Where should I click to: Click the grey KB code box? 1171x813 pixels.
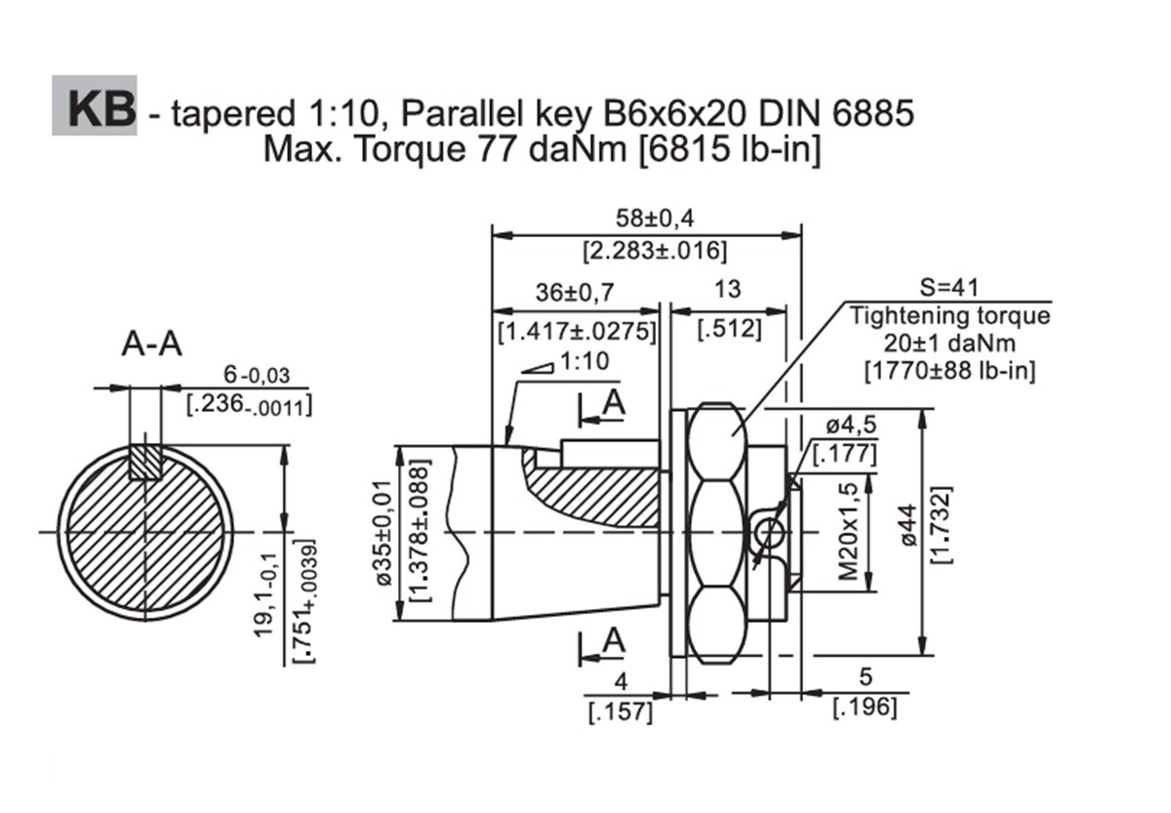click(x=95, y=105)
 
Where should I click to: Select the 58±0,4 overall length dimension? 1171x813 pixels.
click(x=655, y=219)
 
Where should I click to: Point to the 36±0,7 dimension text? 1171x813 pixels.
click(x=575, y=292)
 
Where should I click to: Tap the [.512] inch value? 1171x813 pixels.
click(x=729, y=329)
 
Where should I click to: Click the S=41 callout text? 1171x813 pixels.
click(x=949, y=287)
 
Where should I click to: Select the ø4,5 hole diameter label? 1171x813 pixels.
click(x=851, y=426)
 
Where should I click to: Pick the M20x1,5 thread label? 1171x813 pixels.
click(x=848, y=532)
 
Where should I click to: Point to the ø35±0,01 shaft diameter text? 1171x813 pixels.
click(x=384, y=533)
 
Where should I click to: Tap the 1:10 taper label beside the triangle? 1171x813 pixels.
click(x=585, y=361)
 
